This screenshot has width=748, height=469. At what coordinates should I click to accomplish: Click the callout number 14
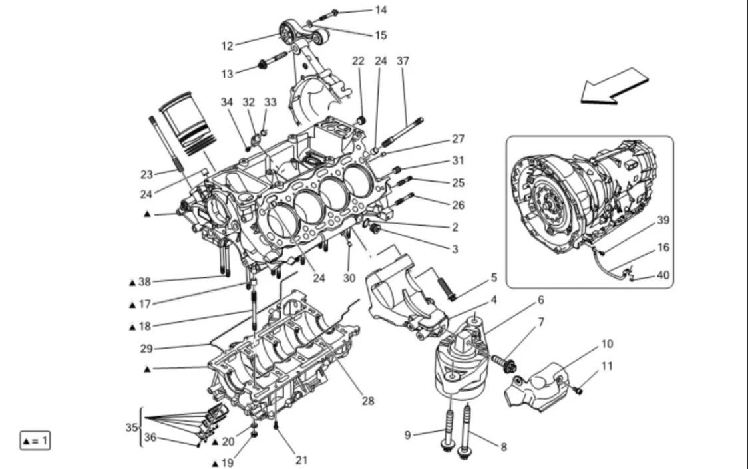coord(381,10)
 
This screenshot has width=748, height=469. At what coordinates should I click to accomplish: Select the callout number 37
coord(403,61)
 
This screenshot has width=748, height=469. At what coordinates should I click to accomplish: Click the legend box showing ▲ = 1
coord(35,440)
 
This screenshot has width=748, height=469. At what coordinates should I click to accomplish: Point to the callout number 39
coord(663,220)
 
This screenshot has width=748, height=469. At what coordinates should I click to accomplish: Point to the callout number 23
coord(147,174)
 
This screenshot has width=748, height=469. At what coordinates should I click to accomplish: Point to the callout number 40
coord(663,275)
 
